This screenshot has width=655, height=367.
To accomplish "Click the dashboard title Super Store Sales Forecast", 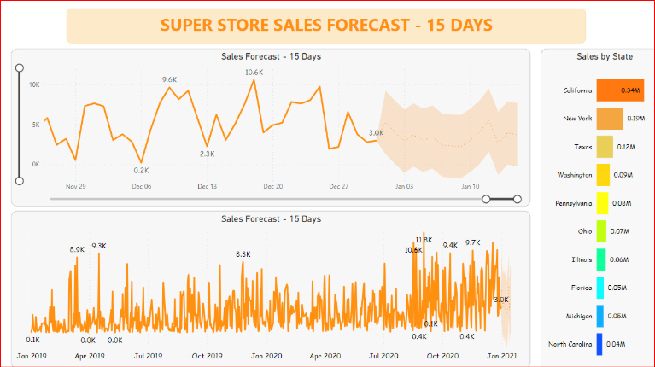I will [x=326, y=25].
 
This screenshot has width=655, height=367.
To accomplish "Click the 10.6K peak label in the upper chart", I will [x=254, y=73].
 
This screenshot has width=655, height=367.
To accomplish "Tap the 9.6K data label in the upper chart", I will [x=169, y=79].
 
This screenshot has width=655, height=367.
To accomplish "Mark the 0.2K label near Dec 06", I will [x=141, y=171].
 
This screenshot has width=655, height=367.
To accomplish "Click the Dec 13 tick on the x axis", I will [x=208, y=186].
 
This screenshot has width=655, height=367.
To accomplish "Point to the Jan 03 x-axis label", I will [x=404, y=186].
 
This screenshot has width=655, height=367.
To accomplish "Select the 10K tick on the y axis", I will [x=34, y=84].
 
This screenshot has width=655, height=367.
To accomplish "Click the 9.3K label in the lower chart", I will [x=99, y=246].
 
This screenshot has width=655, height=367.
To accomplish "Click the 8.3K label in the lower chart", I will [x=243, y=254].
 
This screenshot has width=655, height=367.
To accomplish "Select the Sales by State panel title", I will [x=605, y=56].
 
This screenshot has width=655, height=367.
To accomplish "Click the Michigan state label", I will [x=578, y=316].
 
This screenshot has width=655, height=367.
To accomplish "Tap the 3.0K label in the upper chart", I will [x=376, y=133].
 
